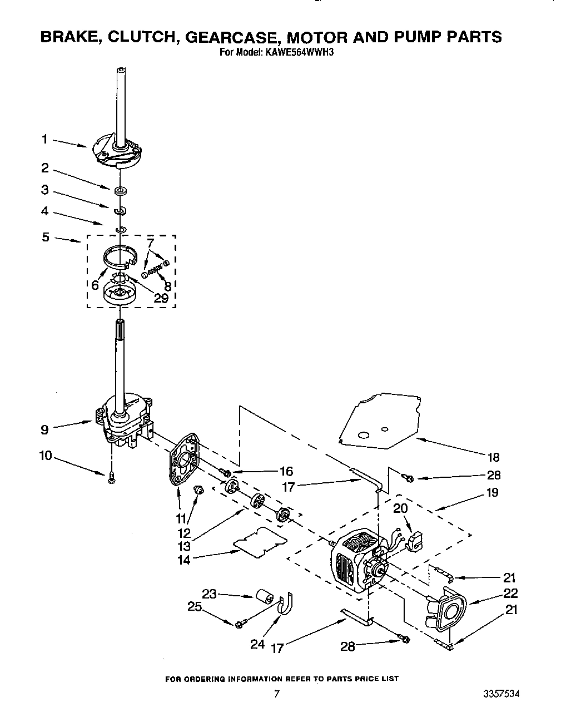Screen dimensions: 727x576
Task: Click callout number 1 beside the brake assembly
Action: point(45,139)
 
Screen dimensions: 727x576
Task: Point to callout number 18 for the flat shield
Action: point(493,457)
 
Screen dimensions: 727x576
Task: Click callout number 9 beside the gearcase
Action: point(44,429)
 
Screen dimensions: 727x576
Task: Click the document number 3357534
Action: point(502,694)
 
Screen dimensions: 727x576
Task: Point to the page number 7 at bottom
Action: point(276,694)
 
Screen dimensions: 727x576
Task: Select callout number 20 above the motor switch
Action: point(400,508)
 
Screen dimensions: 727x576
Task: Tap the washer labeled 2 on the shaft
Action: point(120,191)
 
